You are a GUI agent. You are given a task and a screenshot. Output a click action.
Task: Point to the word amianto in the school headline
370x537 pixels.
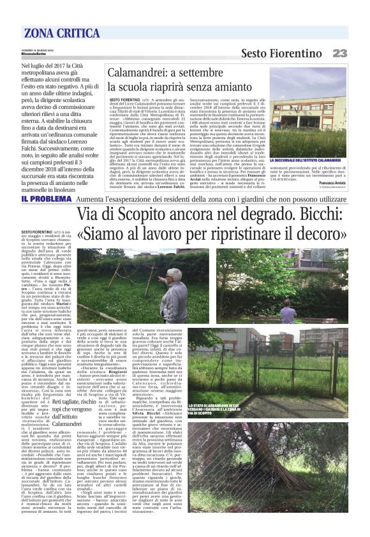coord(243,87)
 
